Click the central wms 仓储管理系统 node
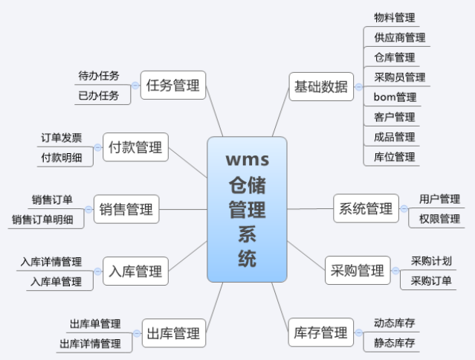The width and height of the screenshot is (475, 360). click(x=247, y=210)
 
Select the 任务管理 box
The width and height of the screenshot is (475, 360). click(x=173, y=85)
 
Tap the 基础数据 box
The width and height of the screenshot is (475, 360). click(x=321, y=87)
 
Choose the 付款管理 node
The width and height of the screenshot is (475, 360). click(x=135, y=147)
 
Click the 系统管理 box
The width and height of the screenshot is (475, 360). click(x=366, y=208)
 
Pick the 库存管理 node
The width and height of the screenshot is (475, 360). click(x=321, y=332)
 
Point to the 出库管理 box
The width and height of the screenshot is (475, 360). click(x=174, y=333)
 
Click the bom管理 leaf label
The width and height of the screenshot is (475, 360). click(x=395, y=97)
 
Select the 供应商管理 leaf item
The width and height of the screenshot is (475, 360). click(x=400, y=38)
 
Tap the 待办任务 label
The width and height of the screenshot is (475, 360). click(x=99, y=76)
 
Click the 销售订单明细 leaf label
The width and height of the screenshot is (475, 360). click(x=42, y=219)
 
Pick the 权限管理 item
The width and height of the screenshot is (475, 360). click(x=439, y=219)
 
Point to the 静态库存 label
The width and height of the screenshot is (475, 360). click(x=395, y=343)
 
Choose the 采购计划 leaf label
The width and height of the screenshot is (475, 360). click(x=431, y=261)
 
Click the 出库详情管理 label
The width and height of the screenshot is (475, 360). click(x=90, y=344)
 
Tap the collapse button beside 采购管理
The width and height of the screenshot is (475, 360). click(x=395, y=270)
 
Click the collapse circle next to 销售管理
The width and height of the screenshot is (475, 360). click(x=88, y=210)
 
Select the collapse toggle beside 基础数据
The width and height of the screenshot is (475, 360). click(x=359, y=87)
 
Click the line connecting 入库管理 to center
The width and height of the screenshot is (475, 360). click(x=188, y=256)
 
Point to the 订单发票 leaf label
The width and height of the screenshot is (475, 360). click(x=62, y=138)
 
